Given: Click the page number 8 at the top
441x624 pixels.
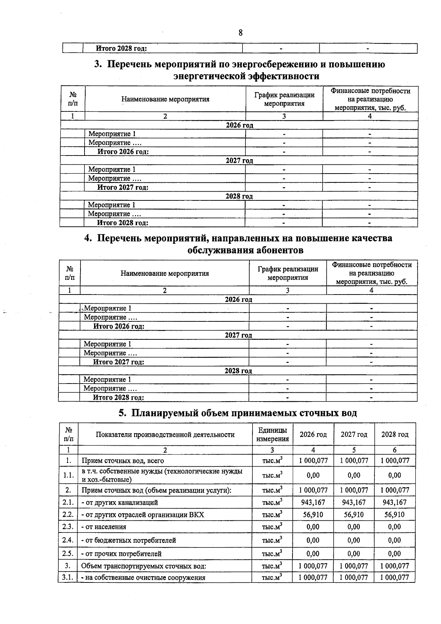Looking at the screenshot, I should [x=240, y=33].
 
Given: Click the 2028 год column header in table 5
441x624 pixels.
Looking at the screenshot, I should [x=395, y=434].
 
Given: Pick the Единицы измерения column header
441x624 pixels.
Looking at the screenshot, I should [x=272, y=434].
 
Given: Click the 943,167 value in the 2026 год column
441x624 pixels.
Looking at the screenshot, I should [x=313, y=502].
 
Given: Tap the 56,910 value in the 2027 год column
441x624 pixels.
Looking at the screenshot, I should [x=354, y=514].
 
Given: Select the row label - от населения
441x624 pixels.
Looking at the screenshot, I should [x=104, y=527].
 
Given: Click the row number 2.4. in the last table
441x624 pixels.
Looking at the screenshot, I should [x=68, y=540].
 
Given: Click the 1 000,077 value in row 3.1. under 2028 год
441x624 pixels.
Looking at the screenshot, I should [x=394, y=577].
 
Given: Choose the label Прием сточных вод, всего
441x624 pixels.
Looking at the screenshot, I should [x=123, y=461].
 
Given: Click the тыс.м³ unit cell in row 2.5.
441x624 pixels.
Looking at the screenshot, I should [x=272, y=553].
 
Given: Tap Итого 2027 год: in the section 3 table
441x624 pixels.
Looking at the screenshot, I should [x=123, y=187].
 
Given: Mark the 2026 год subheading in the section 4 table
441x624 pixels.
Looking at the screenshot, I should [x=239, y=299].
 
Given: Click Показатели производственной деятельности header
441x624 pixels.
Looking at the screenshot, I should [x=165, y=435].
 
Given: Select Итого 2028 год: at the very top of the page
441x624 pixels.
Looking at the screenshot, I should [x=121, y=48].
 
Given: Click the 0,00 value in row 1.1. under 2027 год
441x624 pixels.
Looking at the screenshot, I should [x=354, y=475].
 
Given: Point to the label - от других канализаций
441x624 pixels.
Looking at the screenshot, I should [x=120, y=502].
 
